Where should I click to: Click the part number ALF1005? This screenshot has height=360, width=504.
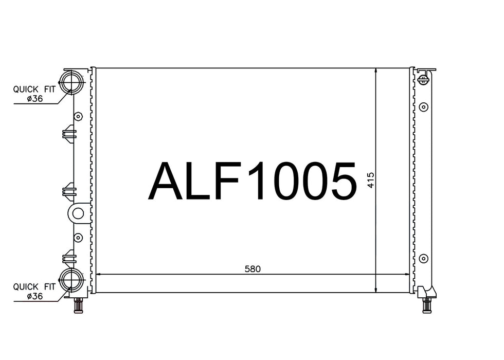(x=253, y=181)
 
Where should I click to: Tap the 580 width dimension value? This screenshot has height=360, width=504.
(x=253, y=268)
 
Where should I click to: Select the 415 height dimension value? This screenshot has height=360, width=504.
(x=371, y=181)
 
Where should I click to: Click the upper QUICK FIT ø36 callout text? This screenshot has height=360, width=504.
(x=34, y=94)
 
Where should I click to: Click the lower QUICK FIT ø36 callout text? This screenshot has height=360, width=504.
(x=34, y=291)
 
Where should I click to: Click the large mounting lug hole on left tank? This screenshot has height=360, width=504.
(x=78, y=213)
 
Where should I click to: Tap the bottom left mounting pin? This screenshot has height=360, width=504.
(x=78, y=305)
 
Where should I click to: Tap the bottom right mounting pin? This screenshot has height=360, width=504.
(x=426, y=305)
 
